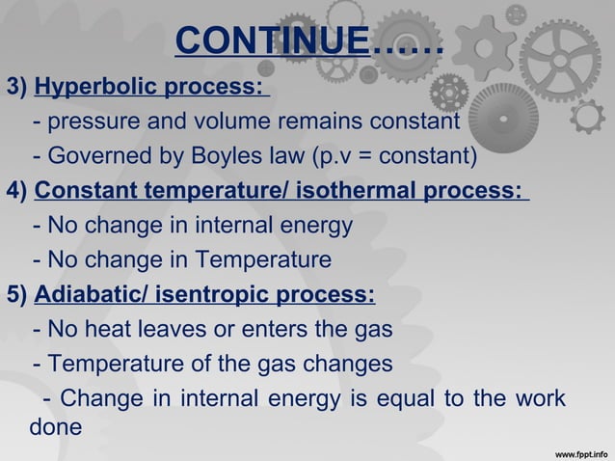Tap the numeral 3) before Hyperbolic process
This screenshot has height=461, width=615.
pyautogui.click(x=17, y=90)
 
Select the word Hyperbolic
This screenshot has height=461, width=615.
pyautogui.click(x=94, y=90)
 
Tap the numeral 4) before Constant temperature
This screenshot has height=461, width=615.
pyautogui.click(x=17, y=191)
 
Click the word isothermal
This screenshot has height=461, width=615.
pyautogui.click(x=354, y=191)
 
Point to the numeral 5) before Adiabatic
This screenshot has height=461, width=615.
pyautogui.click(x=17, y=295)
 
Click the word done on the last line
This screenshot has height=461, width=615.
pyautogui.click(x=57, y=426)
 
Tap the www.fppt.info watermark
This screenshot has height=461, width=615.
pyautogui.click(x=582, y=450)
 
